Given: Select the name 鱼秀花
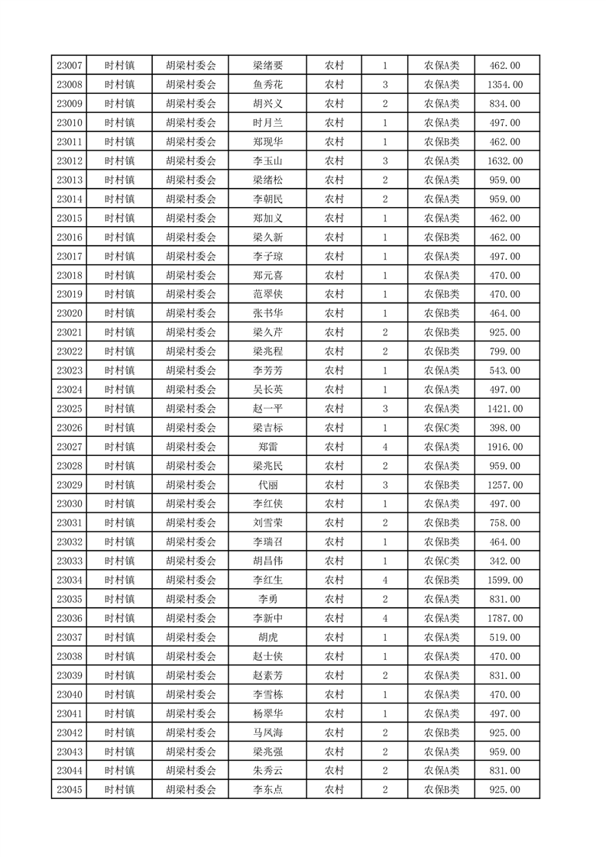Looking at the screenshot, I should pyautogui.click(x=267, y=85).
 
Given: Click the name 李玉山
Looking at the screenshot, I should pyautogui.click(x=267, y=161).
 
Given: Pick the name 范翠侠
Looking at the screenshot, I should pyautogui.click(x=267, y=294).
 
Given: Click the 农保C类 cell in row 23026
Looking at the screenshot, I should pyautogui.click(x=442, y=428).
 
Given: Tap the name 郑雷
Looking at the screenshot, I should pyautogui.click(x=267, y=447).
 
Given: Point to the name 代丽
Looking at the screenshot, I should pyautogui.click(x=267, y=485).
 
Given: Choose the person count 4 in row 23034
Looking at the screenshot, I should pyautogui.click(x=384, y=580).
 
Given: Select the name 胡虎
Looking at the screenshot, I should pyautogui.click(x=267, y=638).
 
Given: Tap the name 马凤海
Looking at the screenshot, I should pyautogui.click(x=267, y=732).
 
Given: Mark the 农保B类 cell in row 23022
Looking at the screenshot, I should pyautogui.click(x=442, y=351).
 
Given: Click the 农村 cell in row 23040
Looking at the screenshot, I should pyautogui.click(x=334, y=694).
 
